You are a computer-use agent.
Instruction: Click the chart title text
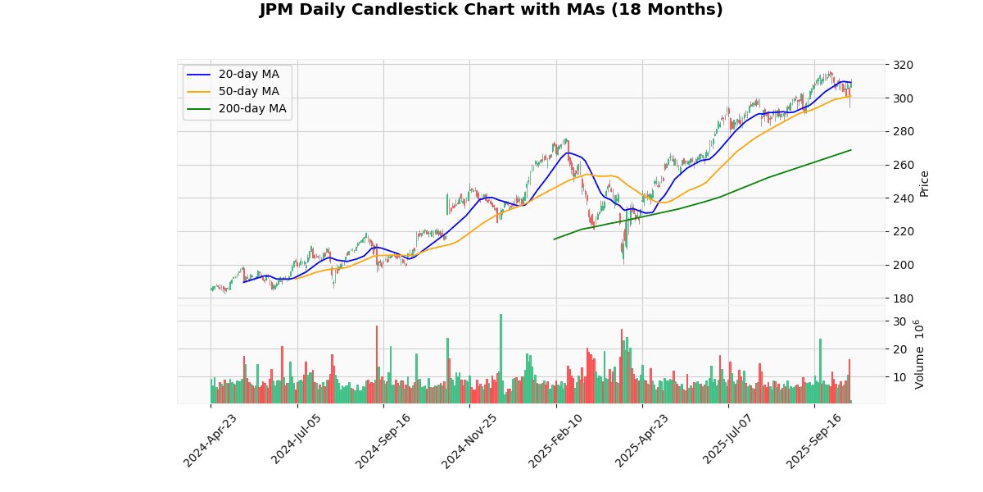tap(491, 10)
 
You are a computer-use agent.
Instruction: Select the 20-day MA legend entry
tap(248, 75)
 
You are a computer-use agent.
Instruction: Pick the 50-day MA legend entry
tap(248, 91)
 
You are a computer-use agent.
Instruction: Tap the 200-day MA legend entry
tap(251, 108)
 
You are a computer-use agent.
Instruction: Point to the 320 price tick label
tap(904, 65)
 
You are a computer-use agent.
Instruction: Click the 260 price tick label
tap(904, 165)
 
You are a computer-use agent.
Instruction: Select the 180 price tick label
tap(904, 298)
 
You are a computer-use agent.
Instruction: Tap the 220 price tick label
tap(904, 231)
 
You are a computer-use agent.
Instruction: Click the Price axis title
tap(925, 183)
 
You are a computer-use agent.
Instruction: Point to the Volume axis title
tap(918, 353)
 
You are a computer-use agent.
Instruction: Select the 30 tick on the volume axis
tap(899, 321)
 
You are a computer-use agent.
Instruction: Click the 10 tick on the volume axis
tap(899, 377)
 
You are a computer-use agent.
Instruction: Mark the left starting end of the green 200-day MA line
tap(554, 239)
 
